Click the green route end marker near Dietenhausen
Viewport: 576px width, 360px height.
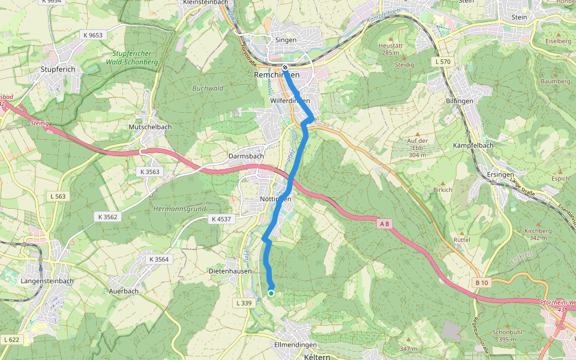(271, 293)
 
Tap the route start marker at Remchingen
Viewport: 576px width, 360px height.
(285, 67)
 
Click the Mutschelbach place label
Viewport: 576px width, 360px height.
(150, 127)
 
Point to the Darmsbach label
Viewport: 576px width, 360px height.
(246, 157)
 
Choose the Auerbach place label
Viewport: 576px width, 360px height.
(124, 291)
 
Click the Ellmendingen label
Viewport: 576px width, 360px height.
(295, 345)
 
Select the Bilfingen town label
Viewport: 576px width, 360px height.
(460, 101)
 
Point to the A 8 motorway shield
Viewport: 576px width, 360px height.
(385, 224)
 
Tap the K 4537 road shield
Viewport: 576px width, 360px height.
(221, 220)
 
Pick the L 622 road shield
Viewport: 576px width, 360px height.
(12, 340)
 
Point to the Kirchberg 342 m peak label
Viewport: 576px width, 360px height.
(521, 234)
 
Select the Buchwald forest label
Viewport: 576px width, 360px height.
(208, 88)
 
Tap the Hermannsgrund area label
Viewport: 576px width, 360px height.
(179, 209)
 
